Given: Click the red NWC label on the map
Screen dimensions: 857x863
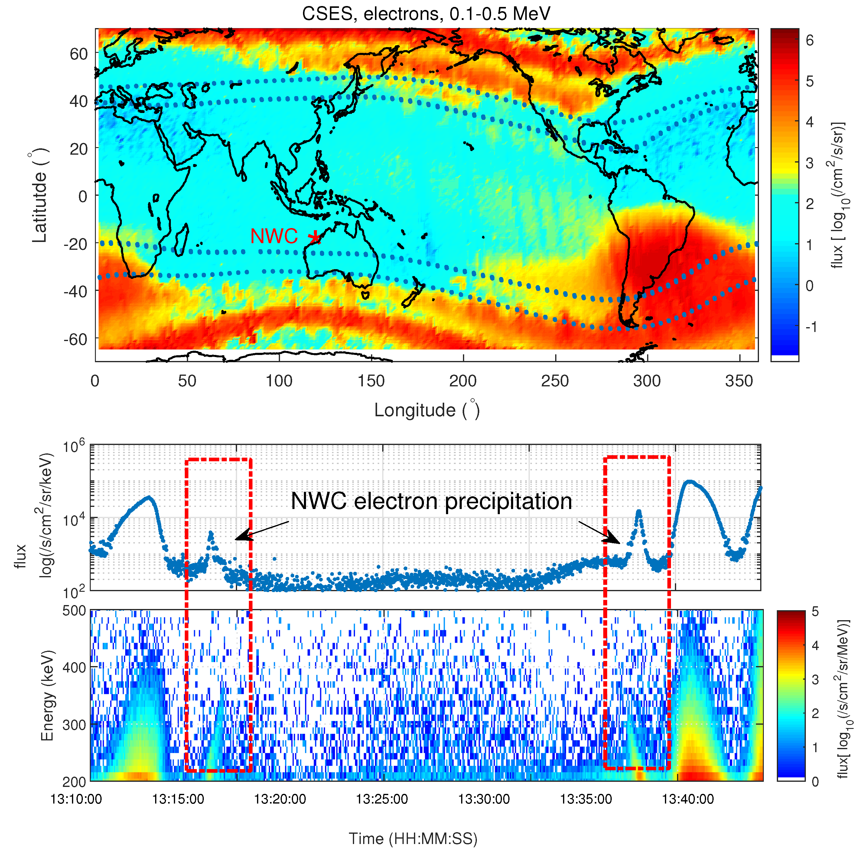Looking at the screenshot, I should [274, 237].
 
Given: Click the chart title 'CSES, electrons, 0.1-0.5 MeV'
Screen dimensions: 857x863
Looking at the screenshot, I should [426, 14].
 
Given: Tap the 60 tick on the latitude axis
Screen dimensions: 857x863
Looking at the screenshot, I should [79, 54].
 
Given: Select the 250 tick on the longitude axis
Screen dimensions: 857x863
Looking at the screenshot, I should [555, 381].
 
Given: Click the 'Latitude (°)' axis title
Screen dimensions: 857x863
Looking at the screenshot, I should [40, 195].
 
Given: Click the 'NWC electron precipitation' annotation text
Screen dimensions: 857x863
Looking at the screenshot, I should [431, 501].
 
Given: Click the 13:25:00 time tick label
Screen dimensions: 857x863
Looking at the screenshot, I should [382, 799].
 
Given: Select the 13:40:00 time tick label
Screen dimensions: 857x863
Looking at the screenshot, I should [688, 799].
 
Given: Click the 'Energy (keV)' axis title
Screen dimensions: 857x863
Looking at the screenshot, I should [47, 695].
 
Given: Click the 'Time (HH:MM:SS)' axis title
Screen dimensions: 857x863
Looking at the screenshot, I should [413, 838].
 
